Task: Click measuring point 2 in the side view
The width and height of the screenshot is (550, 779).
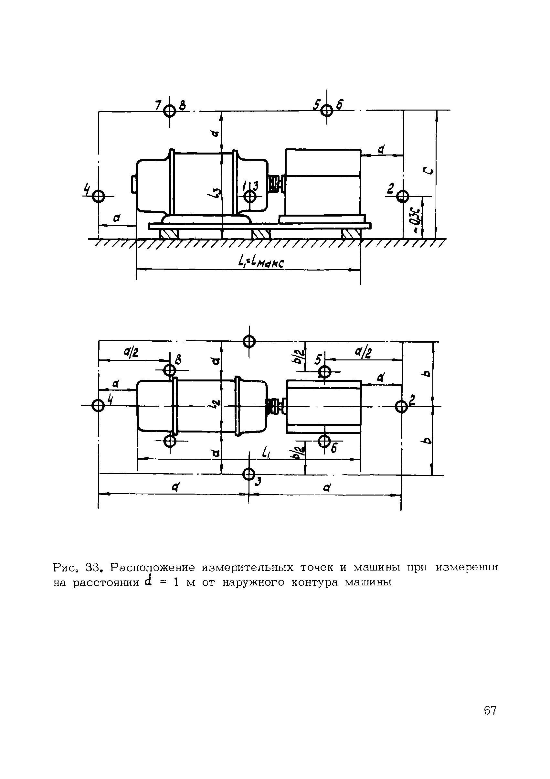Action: [403, 196]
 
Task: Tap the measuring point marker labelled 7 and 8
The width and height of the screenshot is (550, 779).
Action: [169, 111]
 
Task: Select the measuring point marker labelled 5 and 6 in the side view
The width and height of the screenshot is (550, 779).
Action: [327, 110]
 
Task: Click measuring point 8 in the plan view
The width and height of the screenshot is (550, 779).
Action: [170, 369]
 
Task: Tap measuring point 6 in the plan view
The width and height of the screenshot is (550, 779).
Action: [325, 441]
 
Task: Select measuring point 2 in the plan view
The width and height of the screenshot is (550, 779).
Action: [401, 406]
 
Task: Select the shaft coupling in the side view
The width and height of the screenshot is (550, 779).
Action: [276, 183]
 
